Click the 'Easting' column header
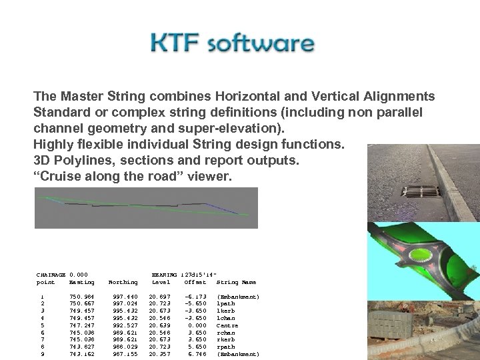tap(81, 282)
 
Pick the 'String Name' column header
tap(236, 282)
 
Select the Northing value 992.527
tap(126, 324)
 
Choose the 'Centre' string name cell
tap(228, 324)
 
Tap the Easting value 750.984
tap(81, 297)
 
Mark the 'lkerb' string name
tap(226, 310)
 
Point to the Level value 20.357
tap(159, 354)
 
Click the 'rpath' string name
tap(226, 347)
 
